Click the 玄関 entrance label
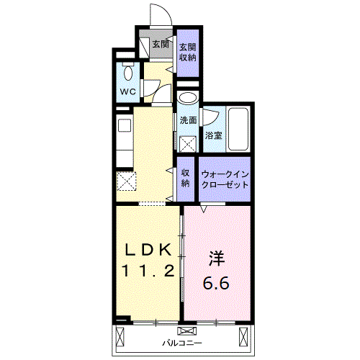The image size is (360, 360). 161,44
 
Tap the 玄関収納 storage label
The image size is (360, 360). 188,53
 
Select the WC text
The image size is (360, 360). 127,91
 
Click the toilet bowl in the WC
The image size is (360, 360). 128,72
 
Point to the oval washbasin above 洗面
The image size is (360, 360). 188,98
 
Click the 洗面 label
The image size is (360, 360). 188,120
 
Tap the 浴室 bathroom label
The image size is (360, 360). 213,135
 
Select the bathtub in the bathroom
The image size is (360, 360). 238,130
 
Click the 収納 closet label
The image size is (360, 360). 185,178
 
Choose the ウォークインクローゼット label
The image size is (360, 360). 225,179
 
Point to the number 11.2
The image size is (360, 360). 148,271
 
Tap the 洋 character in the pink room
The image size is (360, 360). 217,258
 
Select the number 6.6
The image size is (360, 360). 216,283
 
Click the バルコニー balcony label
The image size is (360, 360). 182,343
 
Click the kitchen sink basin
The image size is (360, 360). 125,125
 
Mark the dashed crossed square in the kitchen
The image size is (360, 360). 126,181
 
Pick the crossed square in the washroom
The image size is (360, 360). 188,144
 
